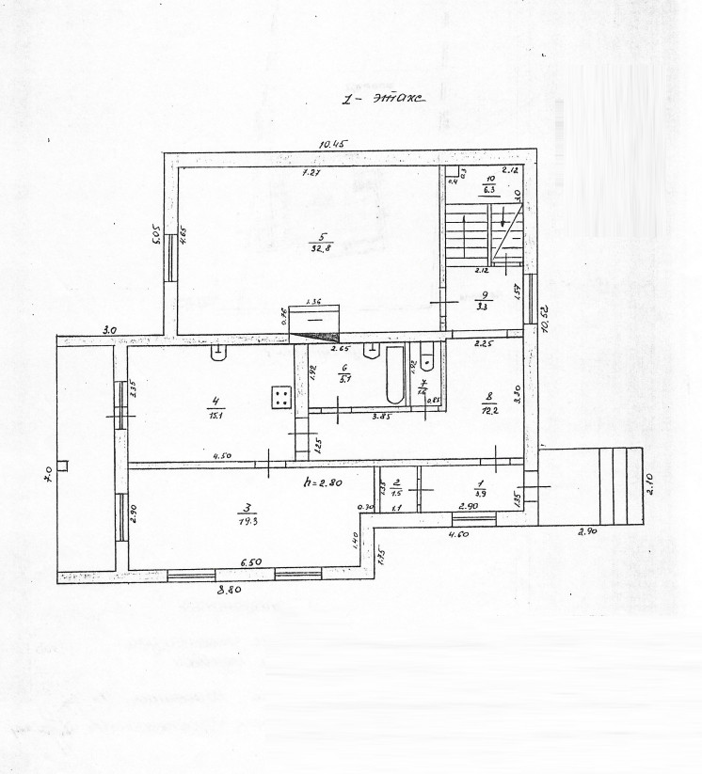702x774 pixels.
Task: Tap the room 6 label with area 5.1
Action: (x=344, y=374)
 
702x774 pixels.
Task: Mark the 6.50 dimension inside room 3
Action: (x=249, y=562)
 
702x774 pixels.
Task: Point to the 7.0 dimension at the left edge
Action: (x=48, y=480)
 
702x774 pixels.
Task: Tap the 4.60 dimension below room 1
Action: (x=458, y=535)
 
